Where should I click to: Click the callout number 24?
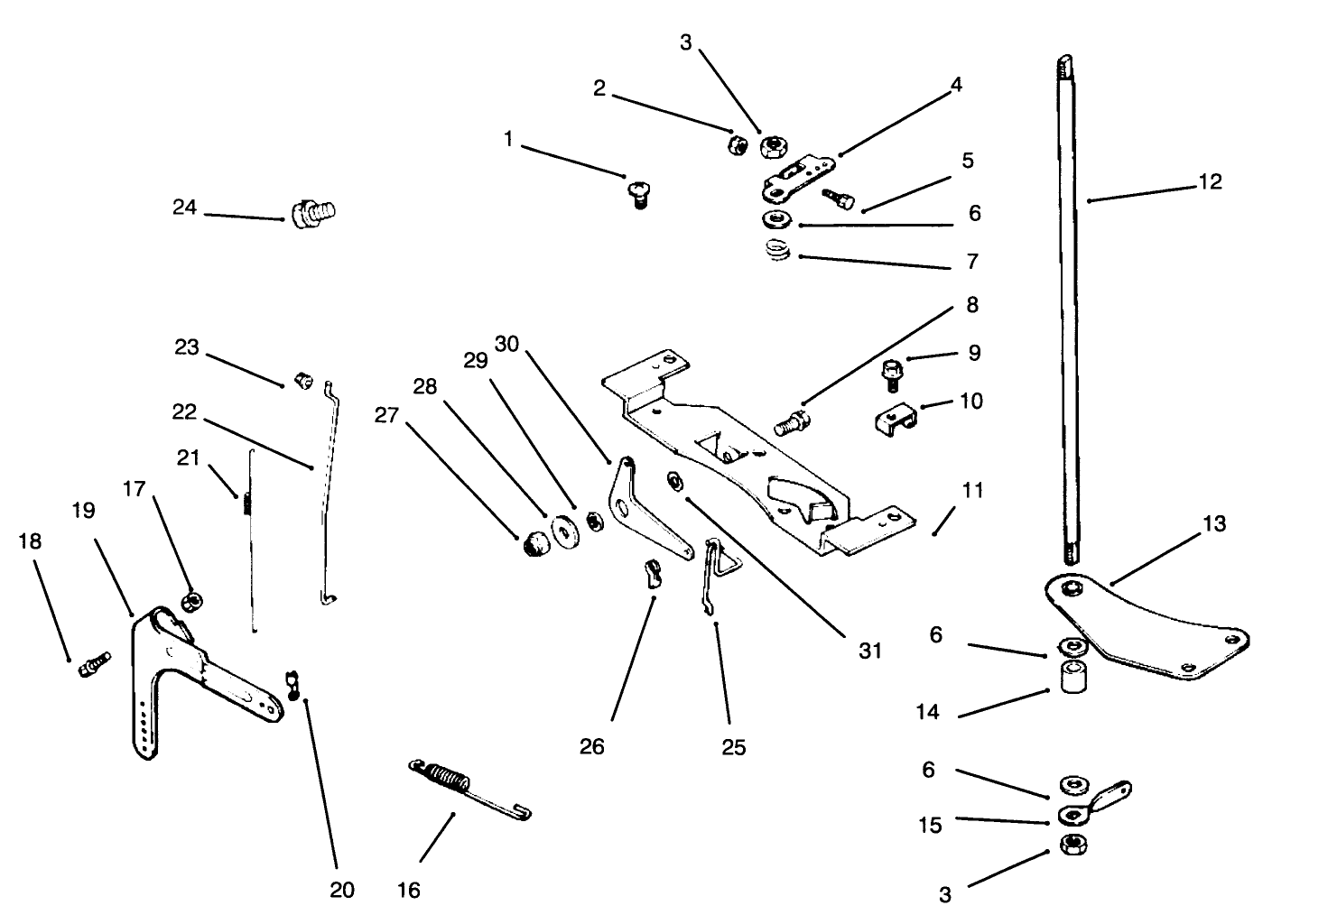184,208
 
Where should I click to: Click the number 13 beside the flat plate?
1214,523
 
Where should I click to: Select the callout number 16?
408,891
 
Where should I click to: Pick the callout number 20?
341,890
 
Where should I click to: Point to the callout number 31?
869,651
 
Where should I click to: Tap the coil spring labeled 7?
775,253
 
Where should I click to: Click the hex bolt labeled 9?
892,371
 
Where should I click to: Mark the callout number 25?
734,747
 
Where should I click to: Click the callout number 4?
956,85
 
